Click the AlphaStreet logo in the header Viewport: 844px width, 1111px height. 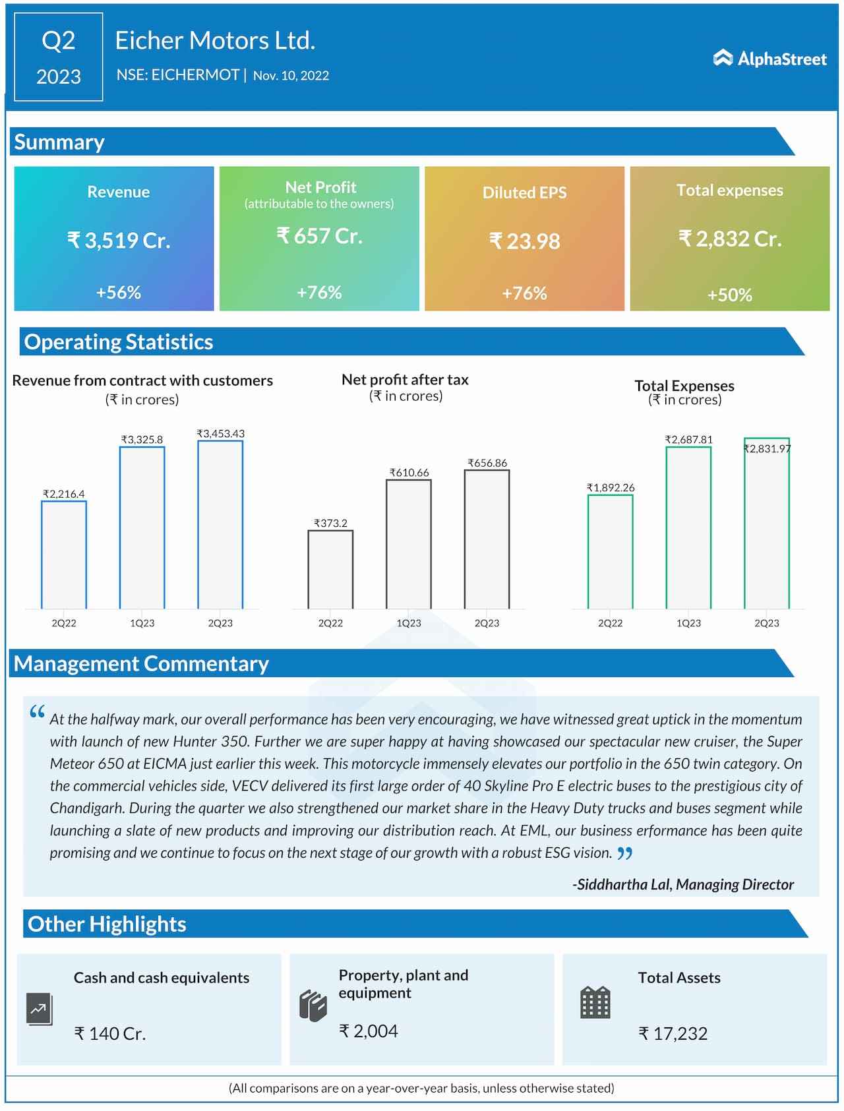[x=769, y=59]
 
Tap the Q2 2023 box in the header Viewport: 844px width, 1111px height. [x=59, y=57]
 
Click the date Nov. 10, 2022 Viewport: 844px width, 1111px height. [x=291, y=76]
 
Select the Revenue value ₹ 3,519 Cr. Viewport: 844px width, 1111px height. [x=119, y=240]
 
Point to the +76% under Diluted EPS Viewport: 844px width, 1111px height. [x=524, y=293]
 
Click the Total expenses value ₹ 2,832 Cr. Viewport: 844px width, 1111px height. [x=730, y=239]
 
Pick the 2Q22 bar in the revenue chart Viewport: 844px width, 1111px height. [x=64, y=555]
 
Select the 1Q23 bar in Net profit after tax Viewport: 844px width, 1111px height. [x=409, y=544]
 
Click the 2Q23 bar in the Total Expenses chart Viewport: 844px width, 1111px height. [x=767, y=523]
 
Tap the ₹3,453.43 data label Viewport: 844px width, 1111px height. [x=220, y=434]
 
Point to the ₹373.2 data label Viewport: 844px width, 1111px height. [x=330, y=524]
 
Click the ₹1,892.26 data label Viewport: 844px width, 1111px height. [x=611, y=488]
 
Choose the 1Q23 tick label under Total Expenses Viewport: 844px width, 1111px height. [x=688, y=623]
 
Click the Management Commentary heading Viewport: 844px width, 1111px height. [x=141, y=664]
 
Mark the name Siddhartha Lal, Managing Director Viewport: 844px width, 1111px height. [x=683, y=885]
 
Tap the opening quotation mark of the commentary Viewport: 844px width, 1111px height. [x=38, y=712]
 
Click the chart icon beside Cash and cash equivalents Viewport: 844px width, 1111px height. [x=40, y=1009]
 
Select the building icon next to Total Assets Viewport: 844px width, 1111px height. [x=595, y=1003]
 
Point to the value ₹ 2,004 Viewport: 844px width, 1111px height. [x=369, y=1031]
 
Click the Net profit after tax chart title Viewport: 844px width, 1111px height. [x=405, y=380]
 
